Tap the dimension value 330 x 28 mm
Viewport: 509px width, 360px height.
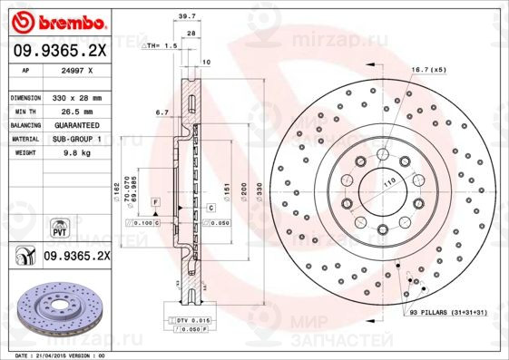click(81, 96)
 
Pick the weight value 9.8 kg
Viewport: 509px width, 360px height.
click(72, 153)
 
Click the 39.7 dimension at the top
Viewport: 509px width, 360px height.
click(188, 15)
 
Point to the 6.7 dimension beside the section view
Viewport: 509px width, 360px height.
click(162, 112)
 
